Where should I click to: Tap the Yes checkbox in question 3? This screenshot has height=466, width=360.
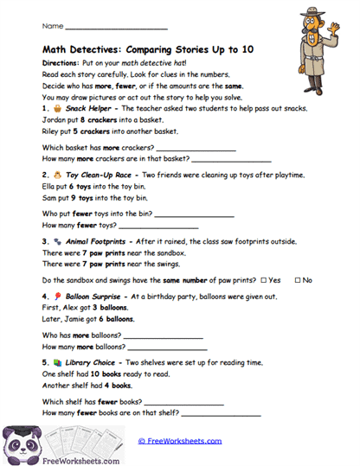coord(263,280)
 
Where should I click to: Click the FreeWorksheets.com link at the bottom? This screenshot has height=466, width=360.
coord(179,440)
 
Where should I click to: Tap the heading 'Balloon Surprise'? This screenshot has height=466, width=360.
coord(95,297)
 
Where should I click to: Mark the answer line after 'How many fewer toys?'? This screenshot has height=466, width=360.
coord(157,226)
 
